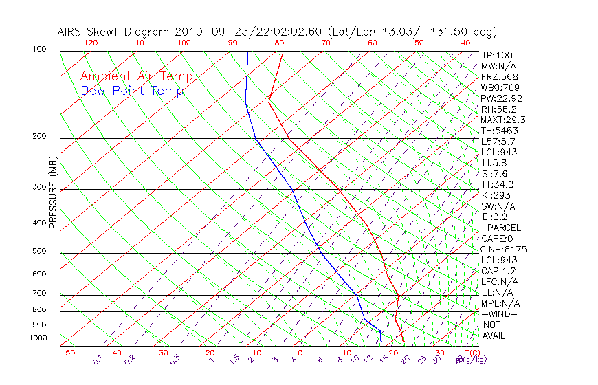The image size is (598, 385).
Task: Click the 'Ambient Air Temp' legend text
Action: click(136, 76)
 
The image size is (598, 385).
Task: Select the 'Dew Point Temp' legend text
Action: click(132, 91)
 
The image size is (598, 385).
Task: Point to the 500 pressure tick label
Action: click(39, 251)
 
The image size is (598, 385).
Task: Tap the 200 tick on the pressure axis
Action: click(39, 136)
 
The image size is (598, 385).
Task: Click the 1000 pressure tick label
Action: click(37, 338)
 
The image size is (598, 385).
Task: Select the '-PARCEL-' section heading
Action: click(504, 228)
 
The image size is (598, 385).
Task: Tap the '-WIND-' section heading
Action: click(500, 313)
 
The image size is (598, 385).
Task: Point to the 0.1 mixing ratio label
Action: click(98, 360)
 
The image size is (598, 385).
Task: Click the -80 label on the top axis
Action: click(277, 42)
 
